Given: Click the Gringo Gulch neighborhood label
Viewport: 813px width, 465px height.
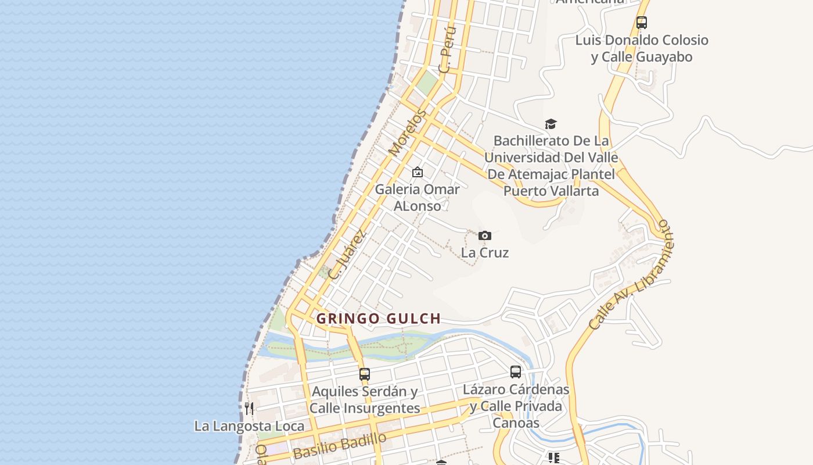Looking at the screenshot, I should coord(378,319).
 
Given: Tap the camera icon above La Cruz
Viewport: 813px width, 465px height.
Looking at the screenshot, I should coord(485,235).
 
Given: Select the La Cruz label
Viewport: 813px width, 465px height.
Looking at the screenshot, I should coord(485,253).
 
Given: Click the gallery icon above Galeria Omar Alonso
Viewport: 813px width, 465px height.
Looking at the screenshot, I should coord(417,172).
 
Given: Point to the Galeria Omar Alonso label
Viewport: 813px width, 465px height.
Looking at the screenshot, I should coord(417,198).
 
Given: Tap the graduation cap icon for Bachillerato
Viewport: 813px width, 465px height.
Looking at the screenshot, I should coord(551,124).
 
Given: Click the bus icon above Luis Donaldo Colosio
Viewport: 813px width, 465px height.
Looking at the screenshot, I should coord(641,23).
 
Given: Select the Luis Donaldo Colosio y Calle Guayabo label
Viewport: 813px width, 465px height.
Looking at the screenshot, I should coord(642,48).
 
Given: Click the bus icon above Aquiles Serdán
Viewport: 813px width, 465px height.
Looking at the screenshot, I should coord(365,374).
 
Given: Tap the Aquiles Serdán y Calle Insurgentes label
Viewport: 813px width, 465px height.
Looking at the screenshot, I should coord(365,400).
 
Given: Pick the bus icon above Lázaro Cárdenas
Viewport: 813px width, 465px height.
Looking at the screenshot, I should coord(516,372).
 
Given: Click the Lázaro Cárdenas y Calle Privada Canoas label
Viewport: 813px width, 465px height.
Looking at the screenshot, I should coord(516,406).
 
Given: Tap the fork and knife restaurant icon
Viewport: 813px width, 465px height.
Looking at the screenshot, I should coord(249,408).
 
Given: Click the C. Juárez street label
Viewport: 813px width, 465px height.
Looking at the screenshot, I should coord(347,254).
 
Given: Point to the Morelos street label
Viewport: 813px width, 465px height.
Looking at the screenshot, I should coord(408,132).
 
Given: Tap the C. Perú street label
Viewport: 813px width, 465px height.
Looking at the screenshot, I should coord(448,49).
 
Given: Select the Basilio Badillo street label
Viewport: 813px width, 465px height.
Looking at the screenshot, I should coord(340,446).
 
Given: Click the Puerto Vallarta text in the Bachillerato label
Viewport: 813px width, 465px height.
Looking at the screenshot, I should coord(551,191).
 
